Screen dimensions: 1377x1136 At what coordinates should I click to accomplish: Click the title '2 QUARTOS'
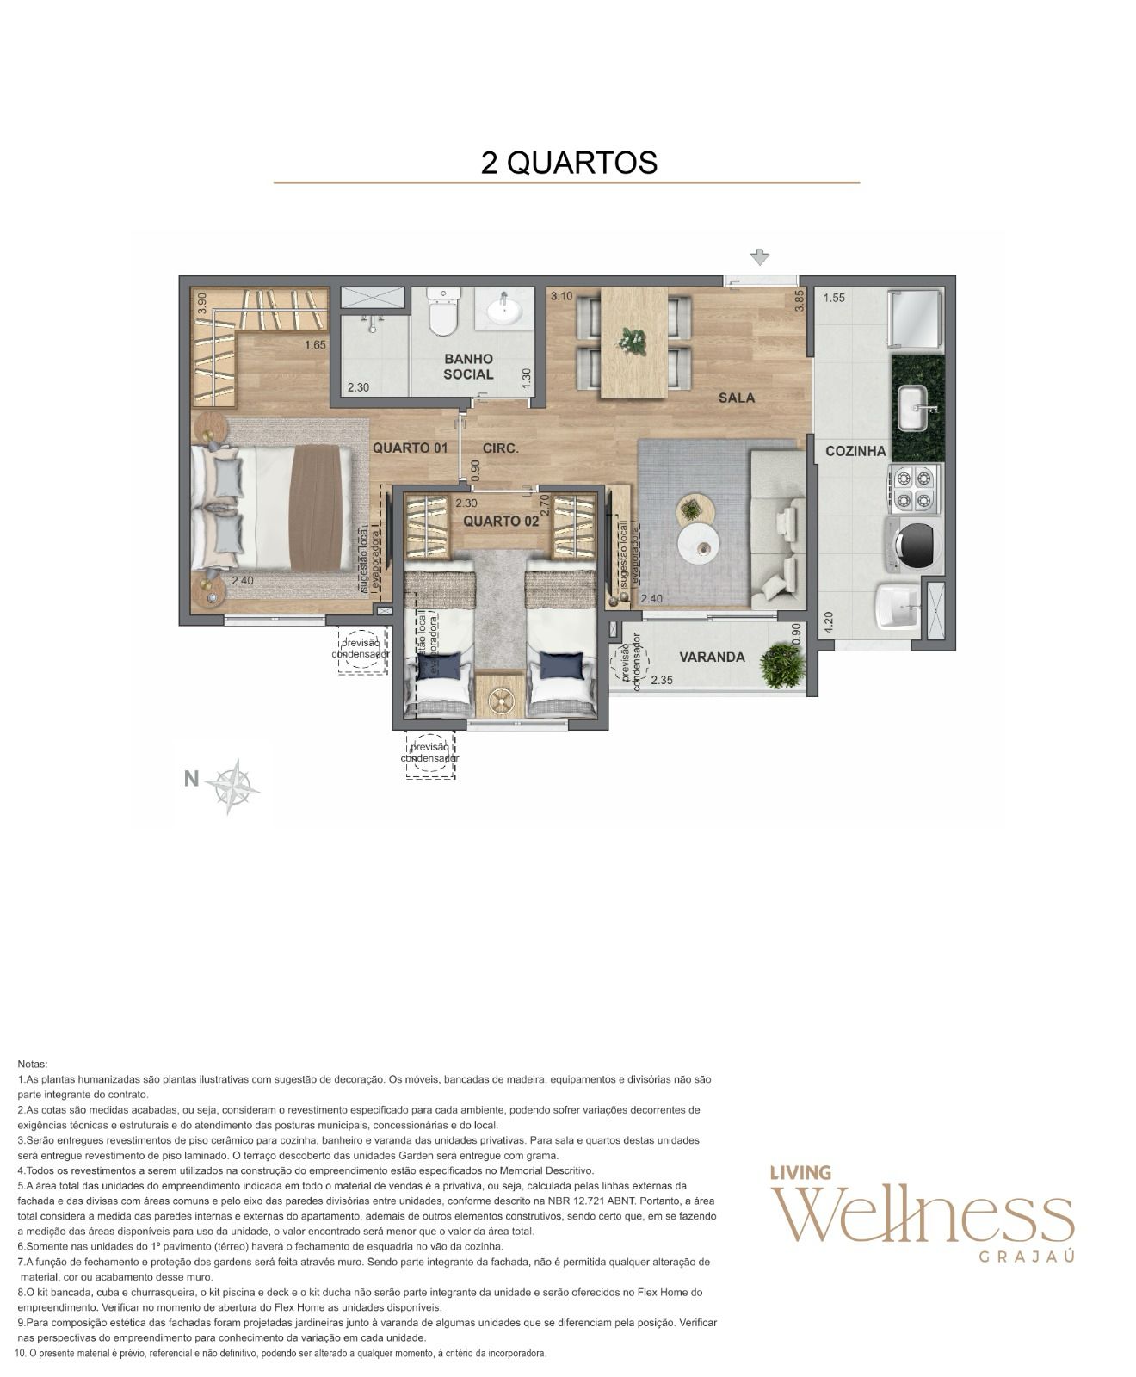(x=568, y=163)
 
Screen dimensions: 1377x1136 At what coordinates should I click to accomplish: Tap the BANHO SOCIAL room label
(x=468, y=366)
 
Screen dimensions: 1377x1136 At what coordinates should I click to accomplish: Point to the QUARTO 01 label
(x=410, y=448)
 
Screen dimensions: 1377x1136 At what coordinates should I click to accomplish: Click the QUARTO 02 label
(x=501, y=521)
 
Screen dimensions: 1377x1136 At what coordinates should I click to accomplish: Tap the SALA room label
(x=737, y=398)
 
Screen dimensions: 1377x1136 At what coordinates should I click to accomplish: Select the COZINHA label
(x=855, y=451)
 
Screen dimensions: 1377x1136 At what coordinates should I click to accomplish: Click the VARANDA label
(x=712, y=658)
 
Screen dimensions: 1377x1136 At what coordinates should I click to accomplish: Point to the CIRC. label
(x=500, y=448)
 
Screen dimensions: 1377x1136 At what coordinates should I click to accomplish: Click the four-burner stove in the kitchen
(x=914, y=488)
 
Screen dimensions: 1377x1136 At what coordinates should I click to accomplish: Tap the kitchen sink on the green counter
(x=917, y=408)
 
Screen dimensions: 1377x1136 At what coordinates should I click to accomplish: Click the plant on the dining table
(x=633, y=342)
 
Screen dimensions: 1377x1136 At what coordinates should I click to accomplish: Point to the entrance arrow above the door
(x=759, y=256)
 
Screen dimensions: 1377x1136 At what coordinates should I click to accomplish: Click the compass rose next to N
(x=233, y=786)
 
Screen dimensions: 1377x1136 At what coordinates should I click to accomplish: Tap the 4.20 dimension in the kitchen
(x=829, y=621)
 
